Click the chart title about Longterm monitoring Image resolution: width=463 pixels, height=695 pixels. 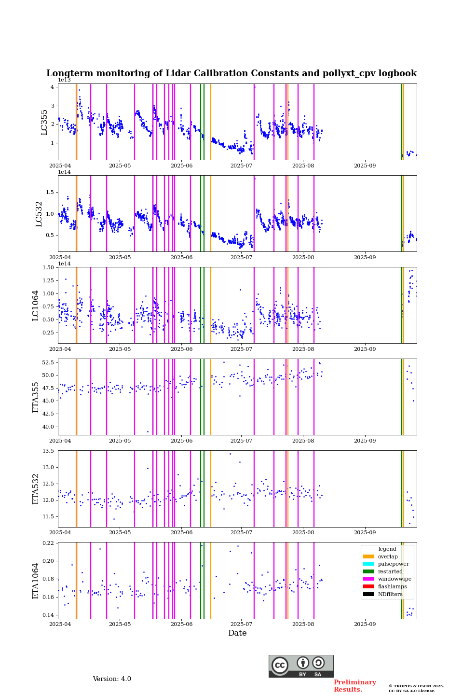[231, 73]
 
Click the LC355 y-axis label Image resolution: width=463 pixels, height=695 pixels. [44, 122]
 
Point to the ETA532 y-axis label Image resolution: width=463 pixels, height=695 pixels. [36, 488]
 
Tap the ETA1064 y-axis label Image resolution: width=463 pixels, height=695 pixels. [36, 581]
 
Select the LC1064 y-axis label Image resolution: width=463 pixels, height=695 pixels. [36, 305]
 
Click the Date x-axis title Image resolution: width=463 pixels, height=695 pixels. [237, 633]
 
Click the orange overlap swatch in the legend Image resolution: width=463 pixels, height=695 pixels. [368, 556]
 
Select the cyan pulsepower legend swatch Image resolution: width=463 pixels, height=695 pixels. [368, 564]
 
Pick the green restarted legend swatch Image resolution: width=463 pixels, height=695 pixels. [368, 571]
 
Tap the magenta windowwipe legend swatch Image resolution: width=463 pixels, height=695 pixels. [368, 579]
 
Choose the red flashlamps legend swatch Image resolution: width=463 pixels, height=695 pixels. [368, 587]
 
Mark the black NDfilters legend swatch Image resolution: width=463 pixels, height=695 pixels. [368, 594]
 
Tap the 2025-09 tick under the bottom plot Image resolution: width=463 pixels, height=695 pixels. [365, 625]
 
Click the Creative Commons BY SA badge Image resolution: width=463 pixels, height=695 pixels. [301, 666]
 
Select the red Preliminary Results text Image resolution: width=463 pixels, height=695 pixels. [354, 686]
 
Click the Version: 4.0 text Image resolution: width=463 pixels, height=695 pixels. [112, 679]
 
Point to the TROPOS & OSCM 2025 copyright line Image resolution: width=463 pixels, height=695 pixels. [416, 686]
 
